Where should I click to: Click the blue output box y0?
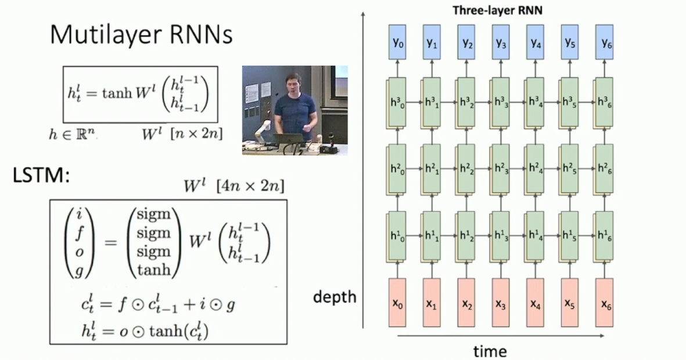(x=397, y=43)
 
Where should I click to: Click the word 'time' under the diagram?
(x=490, y=351)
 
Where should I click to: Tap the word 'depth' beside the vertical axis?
(x=335, y=297)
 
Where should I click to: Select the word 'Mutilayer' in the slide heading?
(x=97, y=35)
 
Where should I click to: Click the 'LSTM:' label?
(x=41, y=175)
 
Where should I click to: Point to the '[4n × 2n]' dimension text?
(x=250, y=187)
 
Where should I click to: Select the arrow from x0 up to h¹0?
(x=397, y=269)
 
